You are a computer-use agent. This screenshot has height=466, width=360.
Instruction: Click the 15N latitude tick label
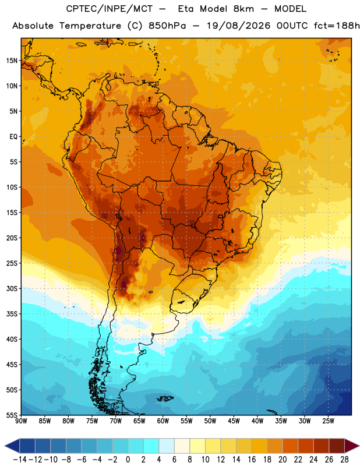pos(12,61)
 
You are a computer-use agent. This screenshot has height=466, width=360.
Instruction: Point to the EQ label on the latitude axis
pos(13,137)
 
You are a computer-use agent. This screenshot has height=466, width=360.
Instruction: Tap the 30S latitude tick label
pos(12,288)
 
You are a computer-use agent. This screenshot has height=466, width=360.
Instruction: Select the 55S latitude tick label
pos(12,415)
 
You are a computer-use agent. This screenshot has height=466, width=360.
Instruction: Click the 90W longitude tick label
pos(21,421)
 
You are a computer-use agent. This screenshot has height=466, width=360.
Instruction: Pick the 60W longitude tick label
pos(163,421)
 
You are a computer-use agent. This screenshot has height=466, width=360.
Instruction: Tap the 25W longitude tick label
pos(328,421)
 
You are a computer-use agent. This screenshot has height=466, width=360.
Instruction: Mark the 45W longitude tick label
pos(234,421)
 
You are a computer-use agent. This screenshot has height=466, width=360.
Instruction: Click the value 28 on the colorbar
pos(344,460)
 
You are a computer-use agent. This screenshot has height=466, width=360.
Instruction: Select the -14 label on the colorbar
pos(20,460)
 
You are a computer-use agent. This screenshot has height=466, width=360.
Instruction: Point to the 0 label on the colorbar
pos(128,460)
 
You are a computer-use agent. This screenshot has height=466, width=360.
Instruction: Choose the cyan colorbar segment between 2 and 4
pos(151,446)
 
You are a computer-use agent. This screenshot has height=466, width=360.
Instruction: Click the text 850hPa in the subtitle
pos(167,26)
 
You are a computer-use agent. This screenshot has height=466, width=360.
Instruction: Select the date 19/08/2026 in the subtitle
pos(239,26)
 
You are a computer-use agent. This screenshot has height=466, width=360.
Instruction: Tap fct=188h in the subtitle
pos(337,26)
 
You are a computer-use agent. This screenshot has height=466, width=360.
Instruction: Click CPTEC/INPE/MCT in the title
pos(110,9)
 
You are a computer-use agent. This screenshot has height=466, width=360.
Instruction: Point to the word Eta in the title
pos(186,9)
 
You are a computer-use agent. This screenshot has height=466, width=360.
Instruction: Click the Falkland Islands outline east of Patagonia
pos(165,398)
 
